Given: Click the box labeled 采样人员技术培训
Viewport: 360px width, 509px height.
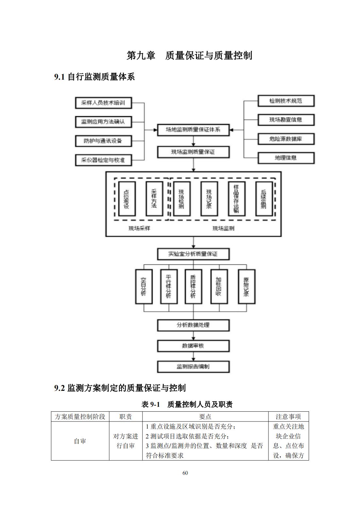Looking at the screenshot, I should point(103,103).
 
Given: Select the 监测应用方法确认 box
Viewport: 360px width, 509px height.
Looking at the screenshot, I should point(103,122).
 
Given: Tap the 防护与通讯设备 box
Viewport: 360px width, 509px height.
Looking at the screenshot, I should point(103,141).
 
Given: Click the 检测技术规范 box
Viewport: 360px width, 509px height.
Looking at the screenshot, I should point(286,101).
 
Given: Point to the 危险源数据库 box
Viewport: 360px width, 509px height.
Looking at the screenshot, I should point(286,139).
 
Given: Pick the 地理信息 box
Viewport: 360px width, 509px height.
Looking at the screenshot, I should point(286,158).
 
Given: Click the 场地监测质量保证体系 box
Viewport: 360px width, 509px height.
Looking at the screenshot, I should point(193,130).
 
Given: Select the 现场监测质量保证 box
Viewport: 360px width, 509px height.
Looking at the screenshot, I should point(193,152).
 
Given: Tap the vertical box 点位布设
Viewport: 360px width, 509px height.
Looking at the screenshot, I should point(127,199).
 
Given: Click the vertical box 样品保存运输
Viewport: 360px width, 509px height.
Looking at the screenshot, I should point(236,199).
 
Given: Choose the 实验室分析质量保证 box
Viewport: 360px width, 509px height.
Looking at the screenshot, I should point(193,254).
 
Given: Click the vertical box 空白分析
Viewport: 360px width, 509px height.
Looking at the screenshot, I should point(144,286).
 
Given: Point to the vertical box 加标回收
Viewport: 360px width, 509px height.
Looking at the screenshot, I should point(219,286).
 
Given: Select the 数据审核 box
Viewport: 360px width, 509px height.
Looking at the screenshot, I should point(193,346).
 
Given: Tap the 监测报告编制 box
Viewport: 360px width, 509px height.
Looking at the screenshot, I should point(193,367).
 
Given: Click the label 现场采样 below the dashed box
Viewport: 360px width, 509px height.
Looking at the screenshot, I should point(139,228).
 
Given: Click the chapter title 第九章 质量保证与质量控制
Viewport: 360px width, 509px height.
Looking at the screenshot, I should point(189,56).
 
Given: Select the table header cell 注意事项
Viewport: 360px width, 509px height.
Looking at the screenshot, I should point(288,417).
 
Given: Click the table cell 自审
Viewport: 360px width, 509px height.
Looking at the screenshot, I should point(80,441).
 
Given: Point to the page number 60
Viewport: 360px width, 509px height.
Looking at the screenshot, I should point(185,473).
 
